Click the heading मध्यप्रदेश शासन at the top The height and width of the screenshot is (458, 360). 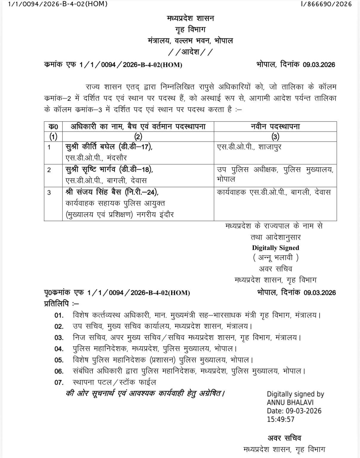coord(190,18)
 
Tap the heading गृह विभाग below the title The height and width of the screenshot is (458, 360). coord(190,30)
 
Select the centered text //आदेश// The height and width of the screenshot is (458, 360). coord(190,53)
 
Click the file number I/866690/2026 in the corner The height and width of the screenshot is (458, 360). coord(327,4)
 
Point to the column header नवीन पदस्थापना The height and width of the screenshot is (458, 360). coord(275,127)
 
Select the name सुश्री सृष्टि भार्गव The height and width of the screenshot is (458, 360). coord(92,169)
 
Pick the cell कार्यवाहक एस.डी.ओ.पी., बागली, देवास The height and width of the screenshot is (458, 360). coord(274,192)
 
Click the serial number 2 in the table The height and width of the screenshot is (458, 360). coord(49,170)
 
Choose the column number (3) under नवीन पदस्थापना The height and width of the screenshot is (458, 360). coord(275,137)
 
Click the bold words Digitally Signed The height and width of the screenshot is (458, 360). coord(276,248)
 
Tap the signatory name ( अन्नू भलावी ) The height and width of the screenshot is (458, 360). coord(276,257)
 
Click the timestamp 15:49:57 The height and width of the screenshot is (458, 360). coord(281,419)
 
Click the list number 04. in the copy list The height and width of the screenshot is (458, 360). coord(59,349)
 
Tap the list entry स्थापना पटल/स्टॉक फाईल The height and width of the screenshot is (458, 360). coord(114,382)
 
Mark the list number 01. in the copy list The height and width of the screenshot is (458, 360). coord(59,315)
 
